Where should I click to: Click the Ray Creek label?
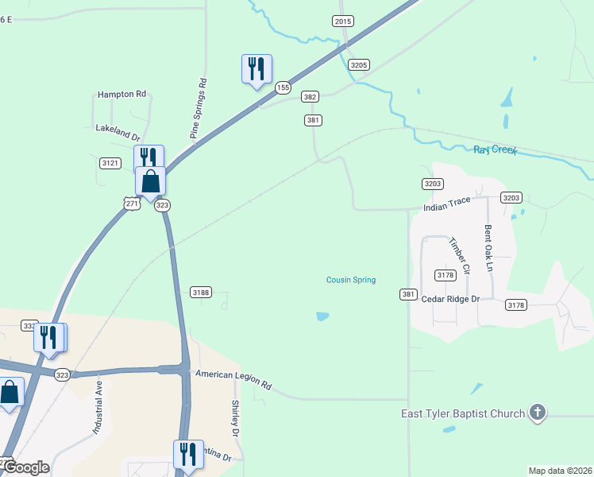tap(495, 149)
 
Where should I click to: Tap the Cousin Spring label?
tap(351, 280)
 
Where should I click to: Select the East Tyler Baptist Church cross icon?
tap(538, 412)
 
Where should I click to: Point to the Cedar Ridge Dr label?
tap(451, 299)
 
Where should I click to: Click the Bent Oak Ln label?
tap(488, 248)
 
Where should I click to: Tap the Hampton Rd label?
tap(122, 94)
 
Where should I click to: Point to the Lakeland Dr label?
tap(118, 128)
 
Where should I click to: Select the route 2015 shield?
tap(343, 21)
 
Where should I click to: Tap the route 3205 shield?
tap(359, 65)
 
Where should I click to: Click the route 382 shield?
tap(310, 97)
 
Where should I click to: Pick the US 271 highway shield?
tap(133, 204)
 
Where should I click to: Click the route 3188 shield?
tap(201, 293)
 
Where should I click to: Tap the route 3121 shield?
tap(110, 163)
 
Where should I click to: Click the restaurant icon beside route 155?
tap(256, 69)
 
